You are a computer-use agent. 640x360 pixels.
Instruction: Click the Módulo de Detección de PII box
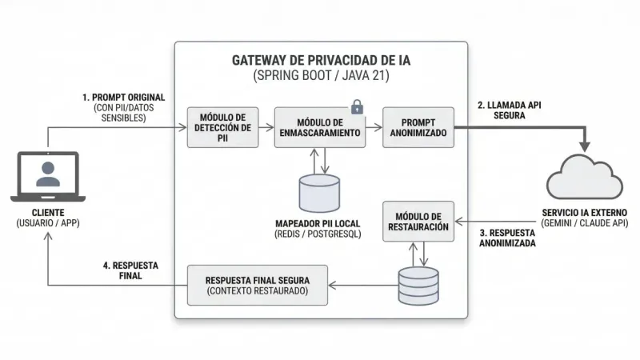[224, 127]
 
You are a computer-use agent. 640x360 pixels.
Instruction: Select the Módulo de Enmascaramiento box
[320, 126]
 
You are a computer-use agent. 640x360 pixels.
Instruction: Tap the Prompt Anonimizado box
[418, 126]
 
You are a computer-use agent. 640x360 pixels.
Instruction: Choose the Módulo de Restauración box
[418, 222]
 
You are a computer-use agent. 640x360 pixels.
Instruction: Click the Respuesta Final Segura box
[257, 285]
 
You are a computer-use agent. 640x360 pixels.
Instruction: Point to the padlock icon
[357, 107]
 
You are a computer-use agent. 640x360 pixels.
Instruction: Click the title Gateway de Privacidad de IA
[320, 60]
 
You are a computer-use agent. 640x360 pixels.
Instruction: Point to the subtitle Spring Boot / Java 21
[320, 77]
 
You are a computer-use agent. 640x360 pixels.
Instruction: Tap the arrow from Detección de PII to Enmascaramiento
[267, 127]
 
